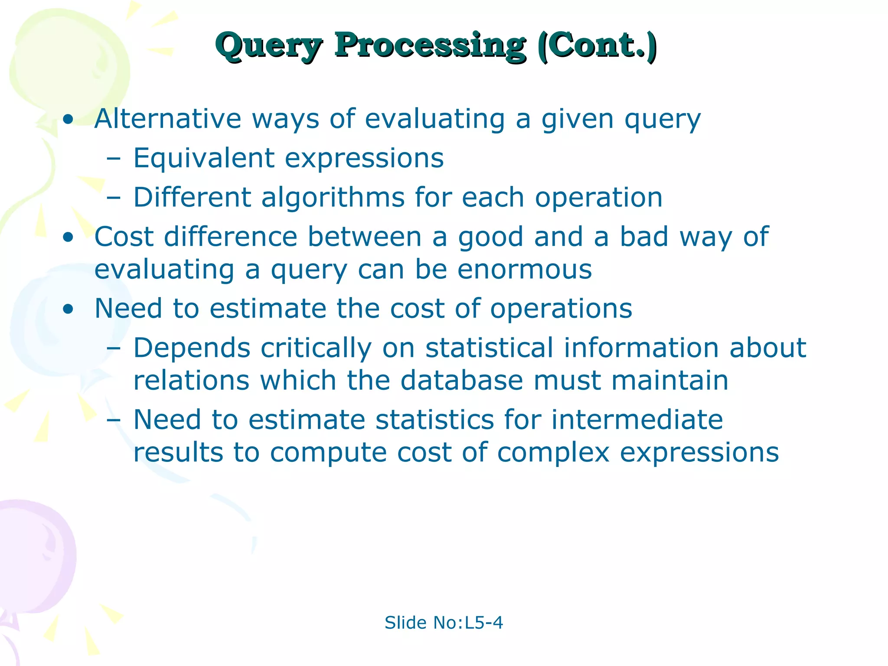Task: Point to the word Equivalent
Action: coord(203,158)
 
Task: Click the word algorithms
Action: coord(333,198)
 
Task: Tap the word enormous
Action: coord(525,270)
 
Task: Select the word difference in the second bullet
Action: coord(230,237)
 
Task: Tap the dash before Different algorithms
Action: coord(113,199)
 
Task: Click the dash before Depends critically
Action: coord(113,349)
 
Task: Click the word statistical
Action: coord(489,348)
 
